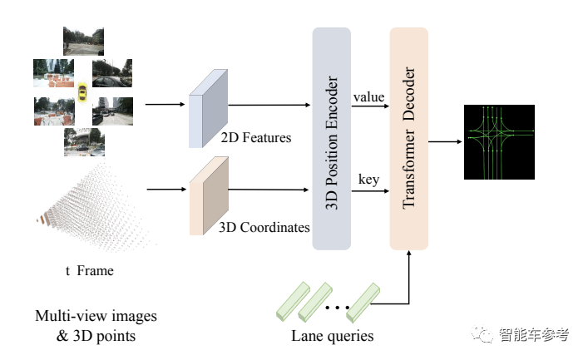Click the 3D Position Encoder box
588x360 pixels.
[333, 137]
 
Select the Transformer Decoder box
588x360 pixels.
[408, 137]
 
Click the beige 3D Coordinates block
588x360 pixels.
[209, 199]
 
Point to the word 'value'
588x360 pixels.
[368, 97]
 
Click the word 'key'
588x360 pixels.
[368, 179]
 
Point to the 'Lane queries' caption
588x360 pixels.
[332, 336]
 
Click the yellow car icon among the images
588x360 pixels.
[82, 91]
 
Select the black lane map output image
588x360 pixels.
[500, 142]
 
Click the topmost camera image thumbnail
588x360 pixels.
[85, 39]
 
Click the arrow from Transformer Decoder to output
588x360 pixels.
[445, 141]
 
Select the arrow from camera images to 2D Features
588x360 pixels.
[164, 105]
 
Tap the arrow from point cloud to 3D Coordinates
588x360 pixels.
[165, 190]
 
